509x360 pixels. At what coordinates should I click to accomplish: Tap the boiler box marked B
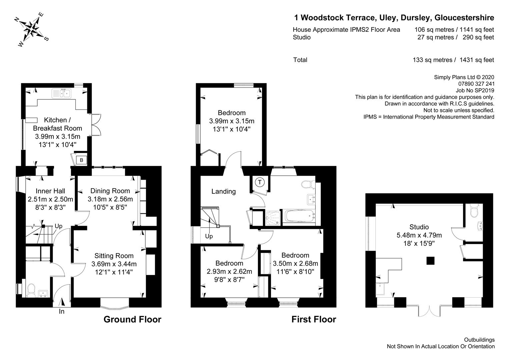point(81,160)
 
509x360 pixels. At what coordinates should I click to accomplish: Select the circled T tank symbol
point(259,182)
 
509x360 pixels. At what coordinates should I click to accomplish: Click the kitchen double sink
point(62,93)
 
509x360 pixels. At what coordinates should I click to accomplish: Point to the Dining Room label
point(110,191)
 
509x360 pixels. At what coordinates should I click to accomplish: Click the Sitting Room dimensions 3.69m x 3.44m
point(114,264)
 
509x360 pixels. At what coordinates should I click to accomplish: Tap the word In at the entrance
point(62,311)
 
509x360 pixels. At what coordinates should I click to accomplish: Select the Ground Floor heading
point(132,319)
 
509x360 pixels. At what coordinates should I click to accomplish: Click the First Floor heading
point(314,319)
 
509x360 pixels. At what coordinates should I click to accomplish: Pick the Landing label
point(224,191)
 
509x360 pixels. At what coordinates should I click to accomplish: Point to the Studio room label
point(419,227)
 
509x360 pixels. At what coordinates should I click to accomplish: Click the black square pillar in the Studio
point(430,261)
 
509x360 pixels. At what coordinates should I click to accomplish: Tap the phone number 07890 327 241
point(476,84)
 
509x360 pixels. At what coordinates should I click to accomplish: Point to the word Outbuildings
point(479,340)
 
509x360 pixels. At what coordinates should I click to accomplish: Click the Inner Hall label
point(50,191)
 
